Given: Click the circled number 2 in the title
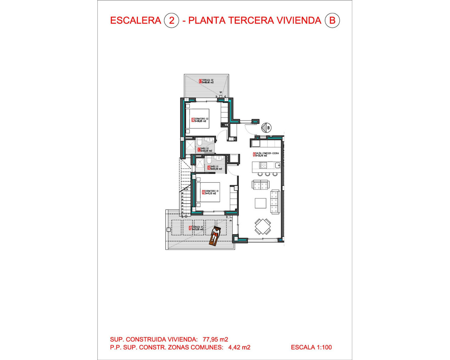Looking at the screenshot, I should [x=172, y=20].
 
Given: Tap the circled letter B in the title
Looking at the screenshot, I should [x=332, y=20].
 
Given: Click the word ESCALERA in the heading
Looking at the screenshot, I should [x=135, y=20].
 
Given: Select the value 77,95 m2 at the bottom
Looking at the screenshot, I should [x=215, y=339].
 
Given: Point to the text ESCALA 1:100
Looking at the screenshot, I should [x=311, y=347].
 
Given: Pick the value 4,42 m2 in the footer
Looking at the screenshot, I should [x=239, y=347].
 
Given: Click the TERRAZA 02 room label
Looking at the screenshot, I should [x=206, y=81].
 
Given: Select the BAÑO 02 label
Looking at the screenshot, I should [x=205, y=150].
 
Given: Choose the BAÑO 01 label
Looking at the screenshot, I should [x=214, y=168].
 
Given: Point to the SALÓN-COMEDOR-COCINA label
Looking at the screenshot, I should [x=266, y=154].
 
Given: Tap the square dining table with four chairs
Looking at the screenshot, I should [x=263, y=226].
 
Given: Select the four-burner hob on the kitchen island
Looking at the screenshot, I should [x=263, y=165].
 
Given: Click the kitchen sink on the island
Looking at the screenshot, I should [x=277, y=165].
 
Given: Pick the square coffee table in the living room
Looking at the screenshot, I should [x=261, y=203].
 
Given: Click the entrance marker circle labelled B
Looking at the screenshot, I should [x=267, y=128].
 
